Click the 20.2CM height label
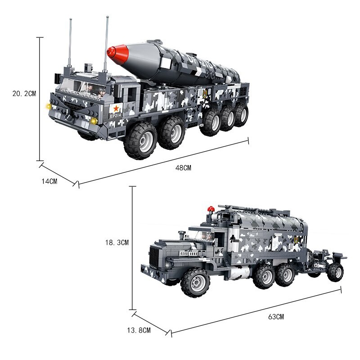24,94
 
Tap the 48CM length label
183,168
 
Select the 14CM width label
49,181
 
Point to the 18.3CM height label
117,243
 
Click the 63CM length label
276,317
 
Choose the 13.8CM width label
139,330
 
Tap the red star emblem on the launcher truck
116,108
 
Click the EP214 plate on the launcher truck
116,116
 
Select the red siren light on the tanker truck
211,209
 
